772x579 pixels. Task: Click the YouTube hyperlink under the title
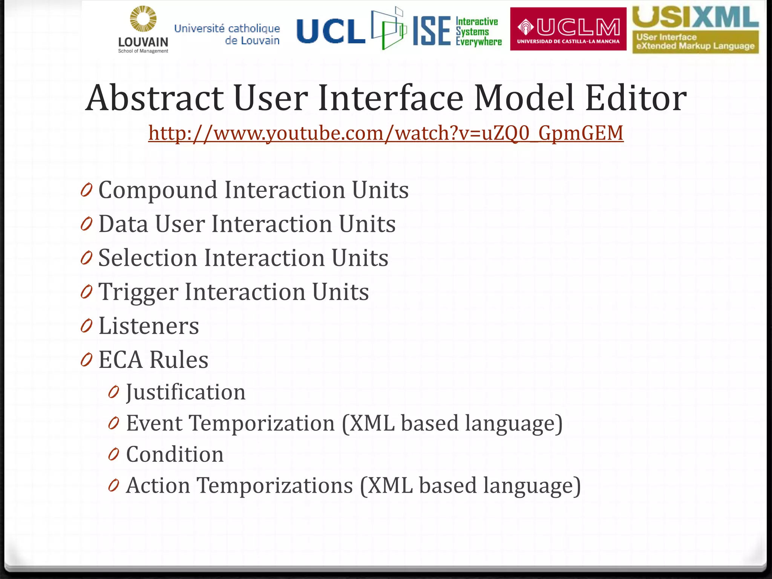[386, 133]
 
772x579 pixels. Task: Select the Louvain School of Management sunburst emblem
[143, 19]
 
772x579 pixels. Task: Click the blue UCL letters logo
[331, 31]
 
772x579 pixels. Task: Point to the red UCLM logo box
[568, 29]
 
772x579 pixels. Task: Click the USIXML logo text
[695, 17]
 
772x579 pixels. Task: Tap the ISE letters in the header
[432, 31]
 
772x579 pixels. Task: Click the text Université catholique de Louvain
[227, 34]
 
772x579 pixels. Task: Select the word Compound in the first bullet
[158, 190]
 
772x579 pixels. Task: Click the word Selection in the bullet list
[147, 258]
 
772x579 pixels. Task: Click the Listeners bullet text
[149, 326]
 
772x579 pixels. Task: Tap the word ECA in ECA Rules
[121, 360]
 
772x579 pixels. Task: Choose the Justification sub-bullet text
[185, 392]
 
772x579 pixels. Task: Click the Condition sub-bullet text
[175, 454]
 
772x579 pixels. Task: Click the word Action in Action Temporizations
[158, 486]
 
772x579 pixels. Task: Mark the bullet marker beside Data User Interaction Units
[86, 225]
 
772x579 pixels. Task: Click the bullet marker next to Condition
[113, 455]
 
